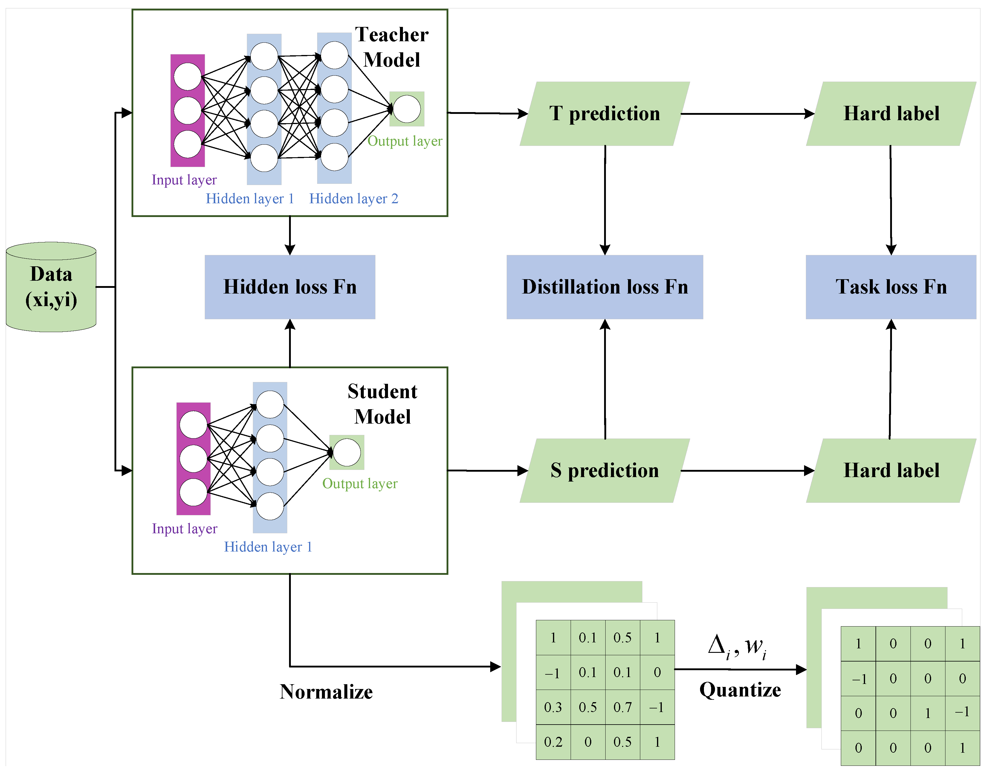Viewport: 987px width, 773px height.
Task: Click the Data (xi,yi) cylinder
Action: pos(51,287)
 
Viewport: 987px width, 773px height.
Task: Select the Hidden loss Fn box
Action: pos(290,287)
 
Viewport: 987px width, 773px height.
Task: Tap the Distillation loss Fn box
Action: pos(605,287)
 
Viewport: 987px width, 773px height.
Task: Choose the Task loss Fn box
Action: pos(891,287)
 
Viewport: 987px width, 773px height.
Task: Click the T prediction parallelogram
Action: pos(605,114)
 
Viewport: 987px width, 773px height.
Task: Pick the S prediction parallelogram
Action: pos(605,471)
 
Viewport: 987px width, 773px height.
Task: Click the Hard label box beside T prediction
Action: pos(891,114)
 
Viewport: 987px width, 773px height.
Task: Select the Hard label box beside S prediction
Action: pos(891,471)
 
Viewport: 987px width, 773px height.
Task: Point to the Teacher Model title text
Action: pos(392,47)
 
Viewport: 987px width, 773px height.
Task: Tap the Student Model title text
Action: pos(382,404)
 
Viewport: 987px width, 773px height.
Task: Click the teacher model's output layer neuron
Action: pos(407,109)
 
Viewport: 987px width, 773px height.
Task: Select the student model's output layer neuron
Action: pos(347,453)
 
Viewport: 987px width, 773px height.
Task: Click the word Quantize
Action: pos(740,690)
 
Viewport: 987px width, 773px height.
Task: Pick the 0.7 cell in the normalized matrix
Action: pos(622,707)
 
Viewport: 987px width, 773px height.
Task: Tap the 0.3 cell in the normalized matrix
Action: pos(553,707)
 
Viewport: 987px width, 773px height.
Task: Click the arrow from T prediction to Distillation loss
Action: pos(605,199)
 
